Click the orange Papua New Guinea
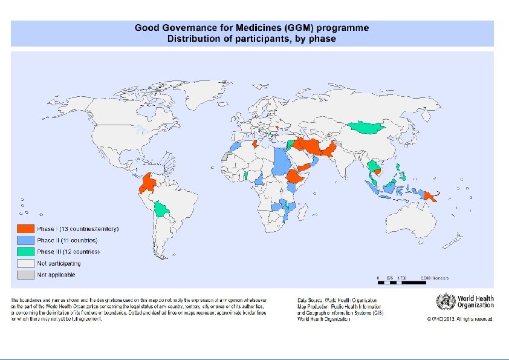click(429, 195)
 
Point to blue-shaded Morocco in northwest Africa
click(236, 146)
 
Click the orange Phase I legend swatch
click(25, 229)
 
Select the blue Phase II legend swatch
click(25, 240)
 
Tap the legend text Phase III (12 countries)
click(68, 252)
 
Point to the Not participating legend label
click(59, 263)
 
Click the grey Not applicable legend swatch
click(25, 275)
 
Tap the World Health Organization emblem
click(445, 301)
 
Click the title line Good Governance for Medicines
click(251, 28)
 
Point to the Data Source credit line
click(337, 299)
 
